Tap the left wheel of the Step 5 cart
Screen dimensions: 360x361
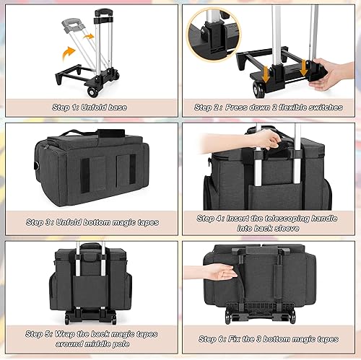coord(69,319)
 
